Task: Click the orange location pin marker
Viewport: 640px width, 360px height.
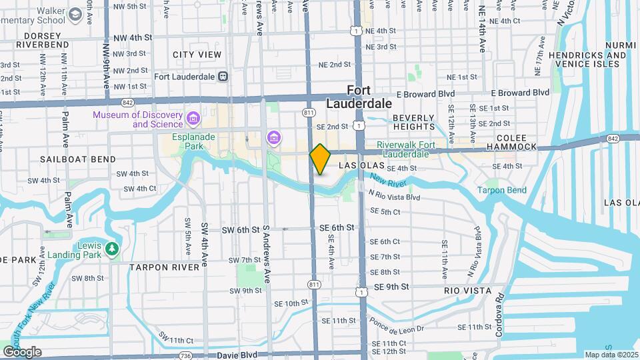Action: click(x=320, y=159)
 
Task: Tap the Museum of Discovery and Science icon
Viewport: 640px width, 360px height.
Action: click(x=193, y=119)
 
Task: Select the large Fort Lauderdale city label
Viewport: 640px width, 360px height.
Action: click(x=359, y=97)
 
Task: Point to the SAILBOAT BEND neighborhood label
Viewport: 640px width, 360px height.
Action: click(x=77, y=159)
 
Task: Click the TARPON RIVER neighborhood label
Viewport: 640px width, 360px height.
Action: click(x=165, y=267)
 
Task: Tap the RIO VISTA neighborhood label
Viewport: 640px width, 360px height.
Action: click(x=467, y=291)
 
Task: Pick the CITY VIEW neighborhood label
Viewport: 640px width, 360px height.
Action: click(x=197, y=54)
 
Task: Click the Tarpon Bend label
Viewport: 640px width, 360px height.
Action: click(x=501, y=190)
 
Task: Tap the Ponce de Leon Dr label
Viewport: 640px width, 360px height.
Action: click(x=399, y=325)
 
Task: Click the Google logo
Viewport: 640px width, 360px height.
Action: click(x=22, y=352)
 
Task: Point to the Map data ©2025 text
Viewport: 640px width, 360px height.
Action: click(x=611, y=355)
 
